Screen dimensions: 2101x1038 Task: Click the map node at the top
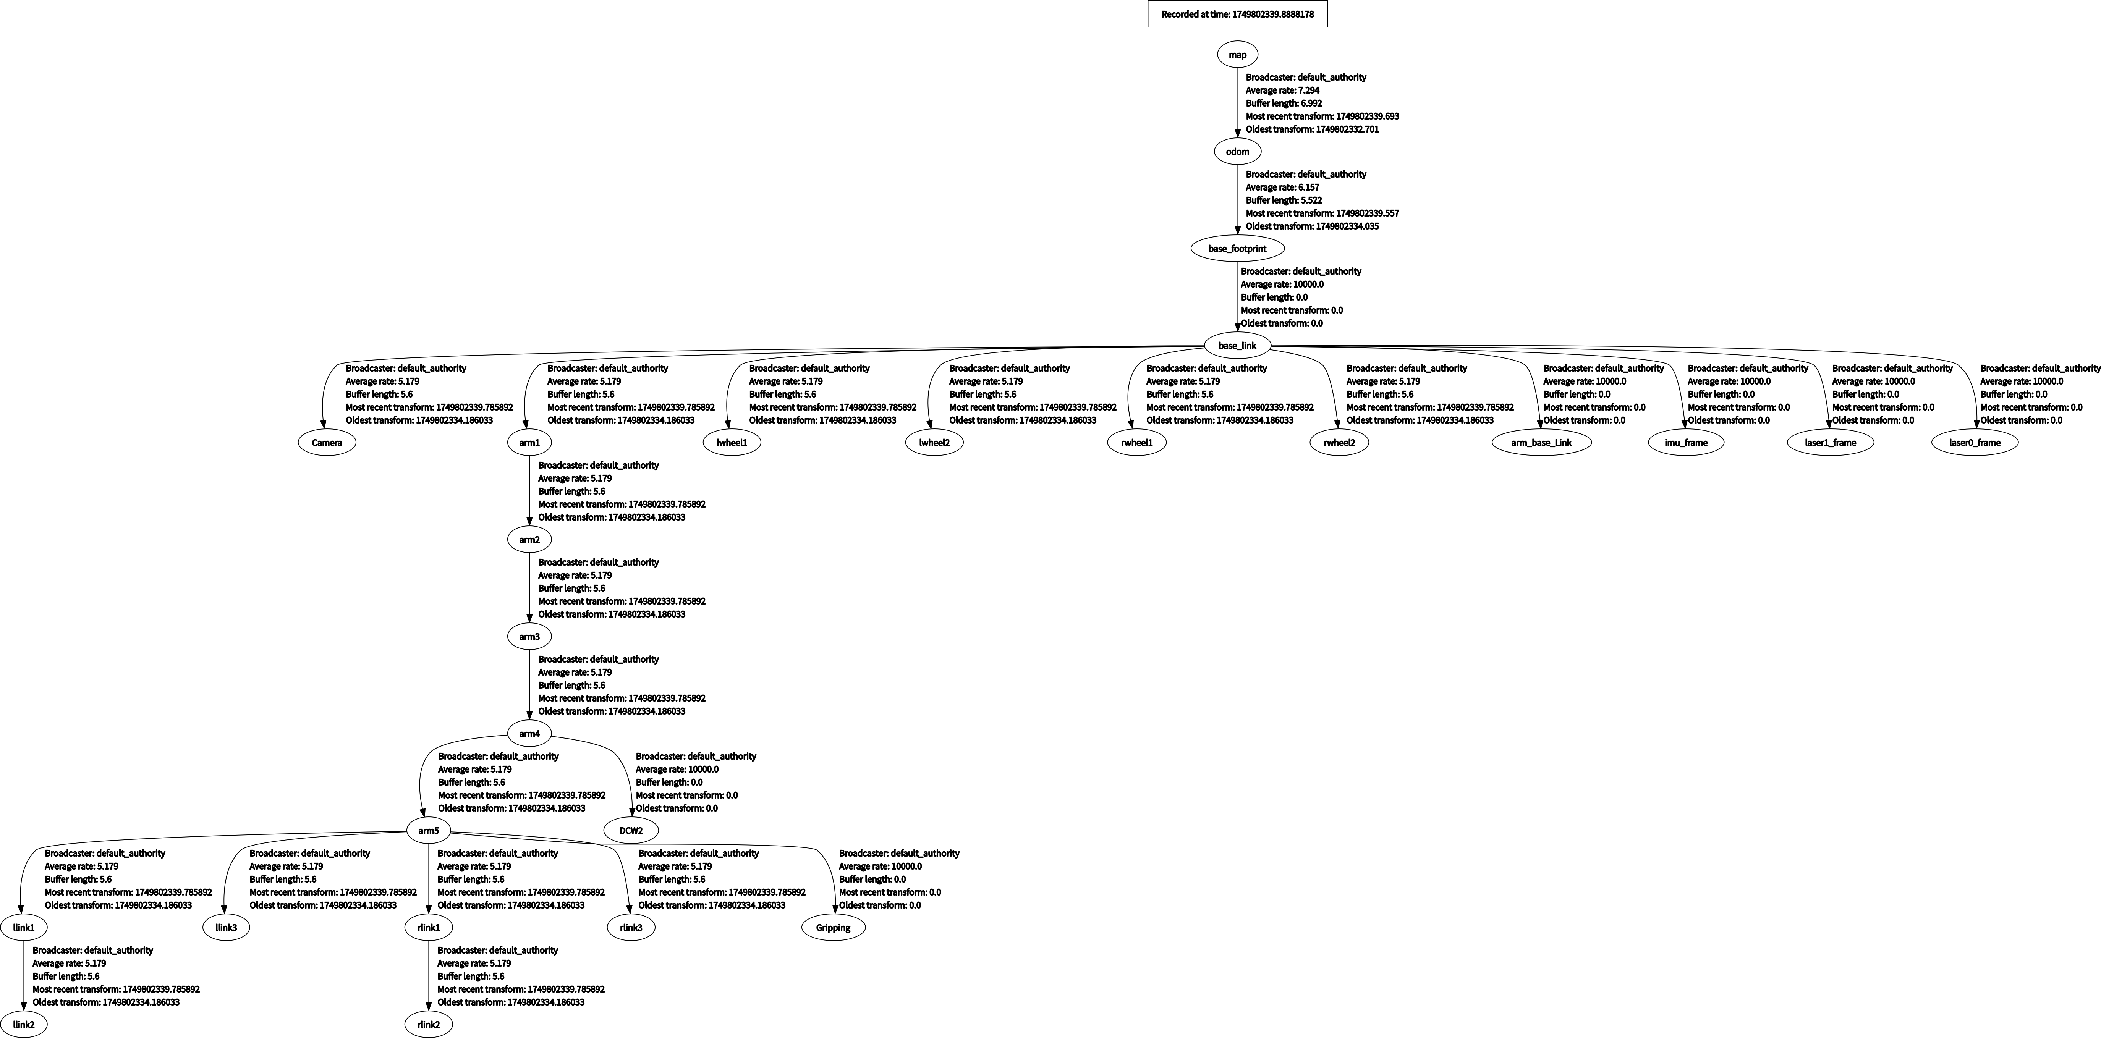[x=1237, y=55]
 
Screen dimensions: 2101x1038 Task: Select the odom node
[x=1237, y=152]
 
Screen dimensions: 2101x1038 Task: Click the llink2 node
[x=24, y=1024]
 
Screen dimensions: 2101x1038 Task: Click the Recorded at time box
[x=1237, y=14]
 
